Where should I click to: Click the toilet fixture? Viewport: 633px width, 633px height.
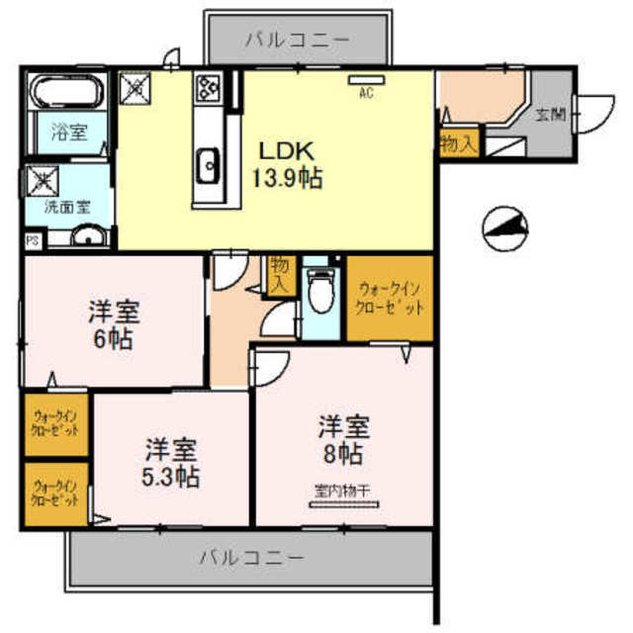[x=318, y=291]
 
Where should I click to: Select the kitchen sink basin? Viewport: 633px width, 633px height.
[x=209, y=166]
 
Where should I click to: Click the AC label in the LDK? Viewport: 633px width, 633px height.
[x=365, y=94]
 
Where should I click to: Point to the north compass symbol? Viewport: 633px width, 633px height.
[x=504, y=229]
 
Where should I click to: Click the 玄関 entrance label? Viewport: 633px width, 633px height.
[x=550, y=115]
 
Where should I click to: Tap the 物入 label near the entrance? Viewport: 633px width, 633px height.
[x=458, y=142]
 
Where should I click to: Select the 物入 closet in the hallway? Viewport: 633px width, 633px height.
[x=281, y=273]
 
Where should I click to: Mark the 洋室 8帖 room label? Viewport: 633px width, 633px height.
[x=342, y=441]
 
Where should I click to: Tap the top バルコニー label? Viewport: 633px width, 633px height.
[x=297, y=40]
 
